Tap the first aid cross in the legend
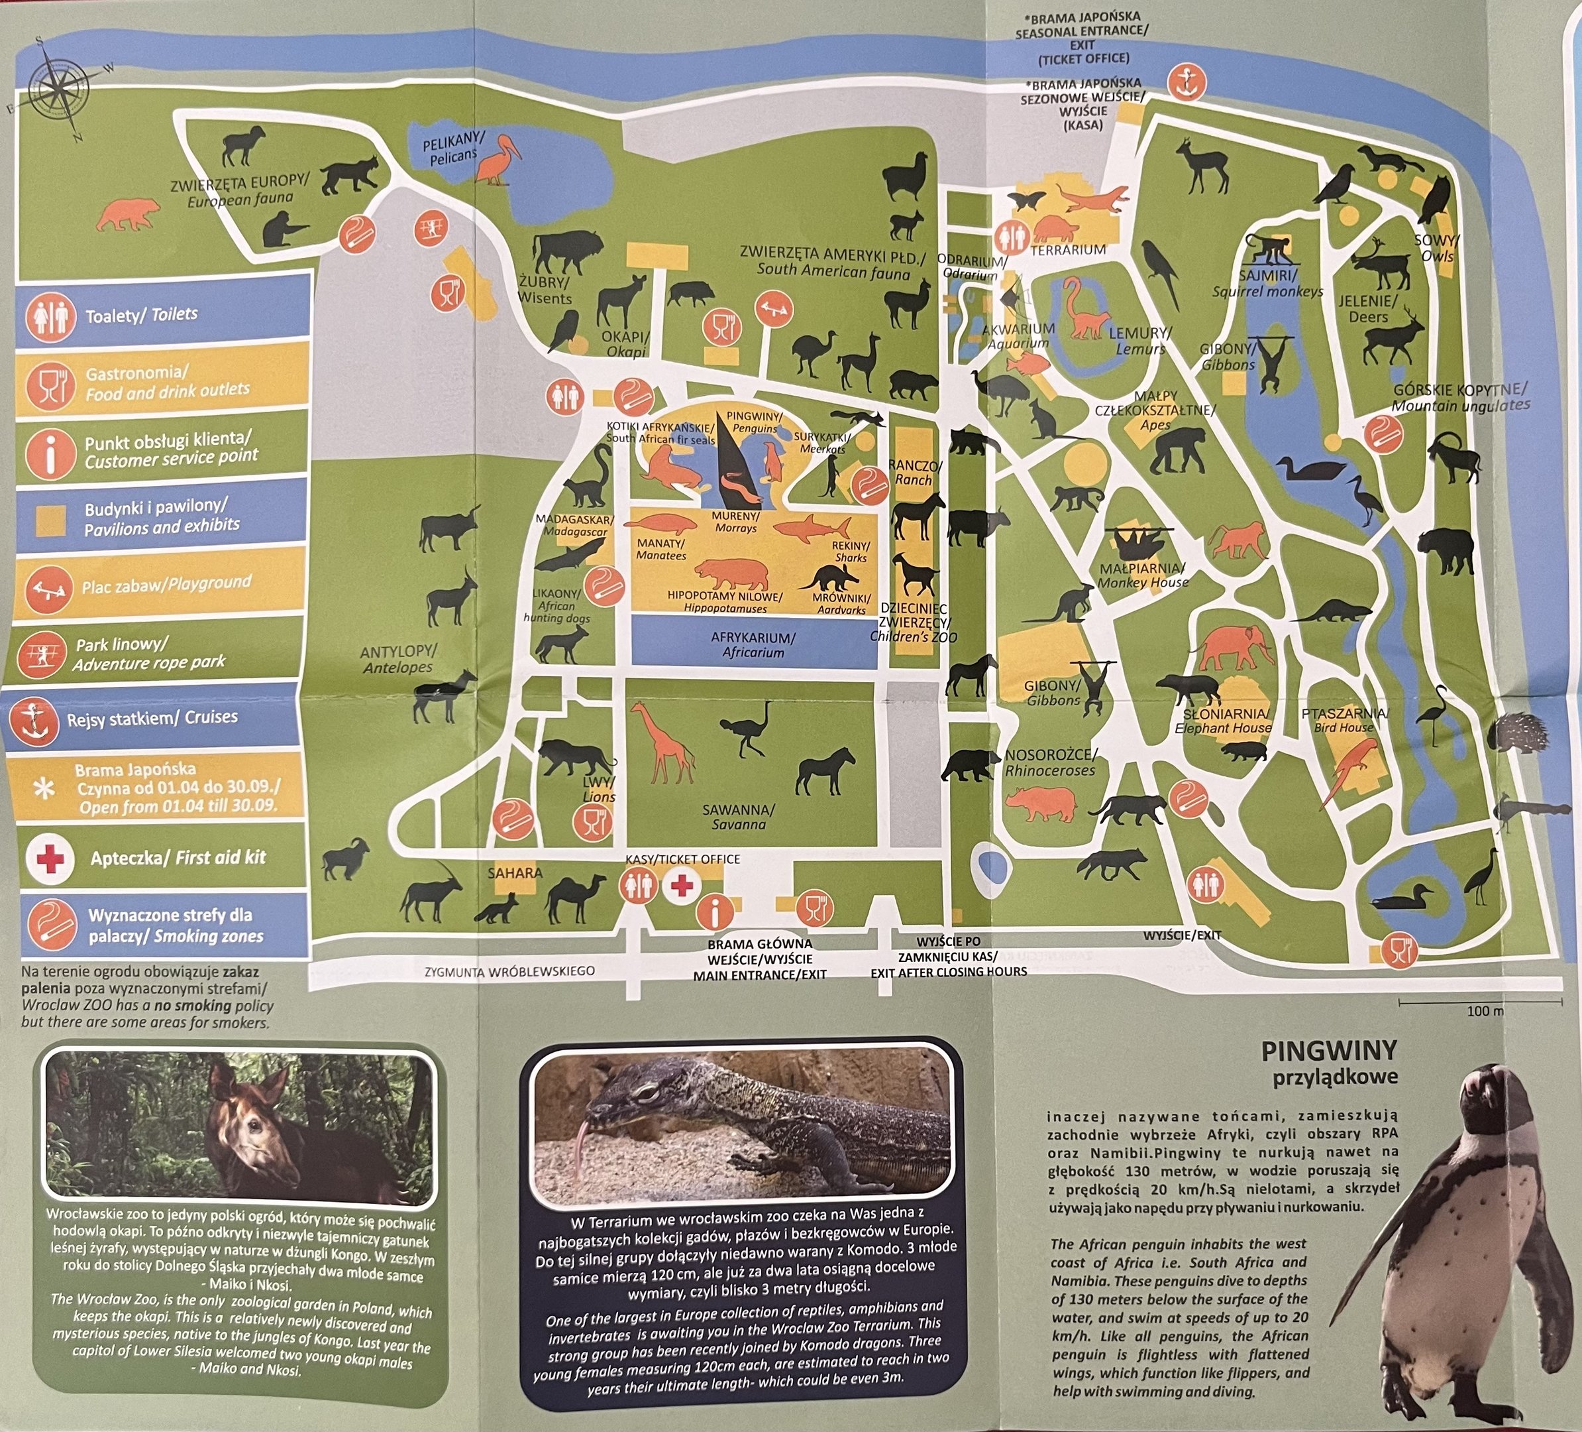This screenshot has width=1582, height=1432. pos(50,858)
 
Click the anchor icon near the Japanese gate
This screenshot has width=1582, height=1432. pos(1186,82)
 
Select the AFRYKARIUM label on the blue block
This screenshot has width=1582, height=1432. pos(753,644)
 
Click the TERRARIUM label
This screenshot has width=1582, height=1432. pos(1067,251)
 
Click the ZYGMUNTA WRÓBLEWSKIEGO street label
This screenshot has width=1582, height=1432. pos(509,972)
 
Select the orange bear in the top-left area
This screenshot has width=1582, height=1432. pos(128,213)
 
